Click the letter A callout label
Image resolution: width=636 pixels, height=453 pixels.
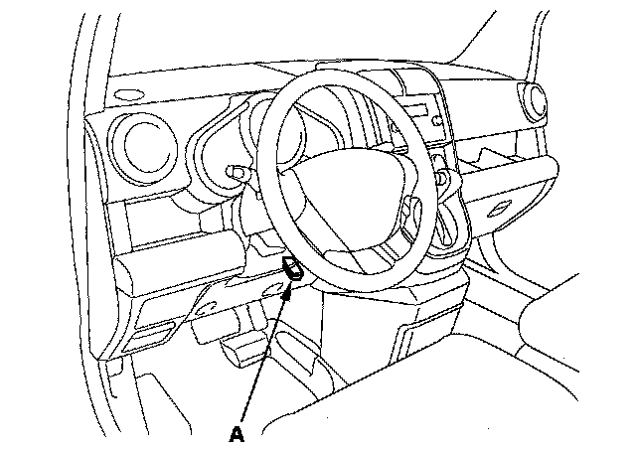[x=236, y=433]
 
